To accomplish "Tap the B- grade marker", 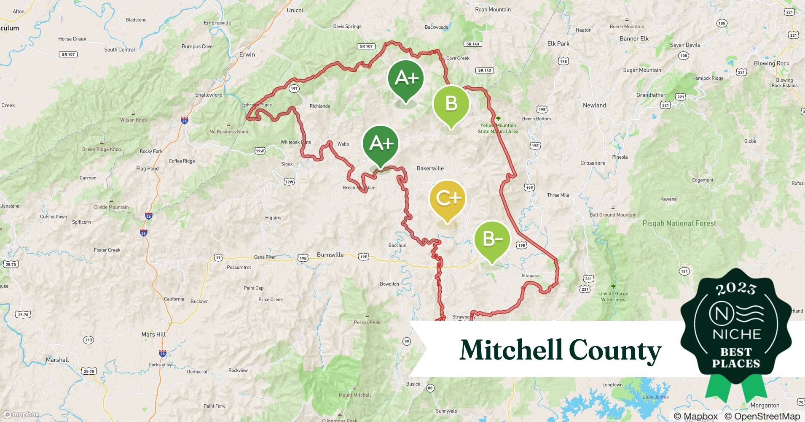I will [492, 239].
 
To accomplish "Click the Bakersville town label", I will [430, 168].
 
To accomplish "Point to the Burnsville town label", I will [330, 255].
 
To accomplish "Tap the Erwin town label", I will [247, 55].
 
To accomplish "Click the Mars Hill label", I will [153, 334].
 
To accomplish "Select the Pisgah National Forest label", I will [679, 223].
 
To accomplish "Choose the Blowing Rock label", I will [771, 63].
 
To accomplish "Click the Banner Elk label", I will [634, 39].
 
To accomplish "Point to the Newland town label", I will [594, 105].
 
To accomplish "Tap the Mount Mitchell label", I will [355, 395].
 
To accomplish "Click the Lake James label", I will [655, 397].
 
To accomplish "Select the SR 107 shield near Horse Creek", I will [68, 54].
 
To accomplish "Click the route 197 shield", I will [294, 89].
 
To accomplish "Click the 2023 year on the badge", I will [736, 289].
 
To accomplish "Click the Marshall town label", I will [57, 360].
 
